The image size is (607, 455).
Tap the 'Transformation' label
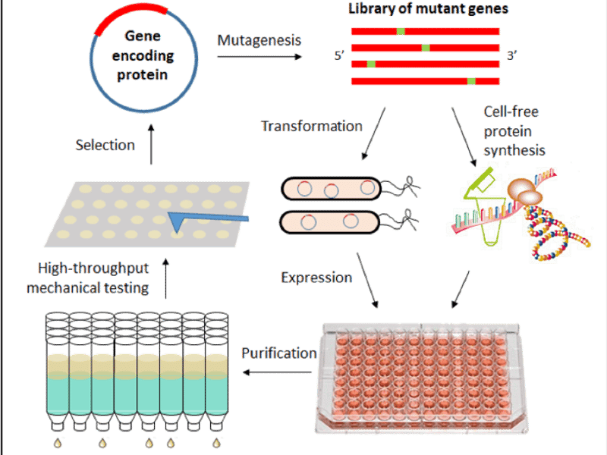[310, 126]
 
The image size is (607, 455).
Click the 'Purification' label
[278, 353]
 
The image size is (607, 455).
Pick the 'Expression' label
[317, 278]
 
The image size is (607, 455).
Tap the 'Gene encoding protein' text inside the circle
[144, 56]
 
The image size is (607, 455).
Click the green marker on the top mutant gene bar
[401, 31]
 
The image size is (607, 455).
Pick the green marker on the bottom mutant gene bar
[471, 81]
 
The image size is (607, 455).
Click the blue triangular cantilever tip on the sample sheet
[181, 221]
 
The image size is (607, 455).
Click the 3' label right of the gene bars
[512, 55]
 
